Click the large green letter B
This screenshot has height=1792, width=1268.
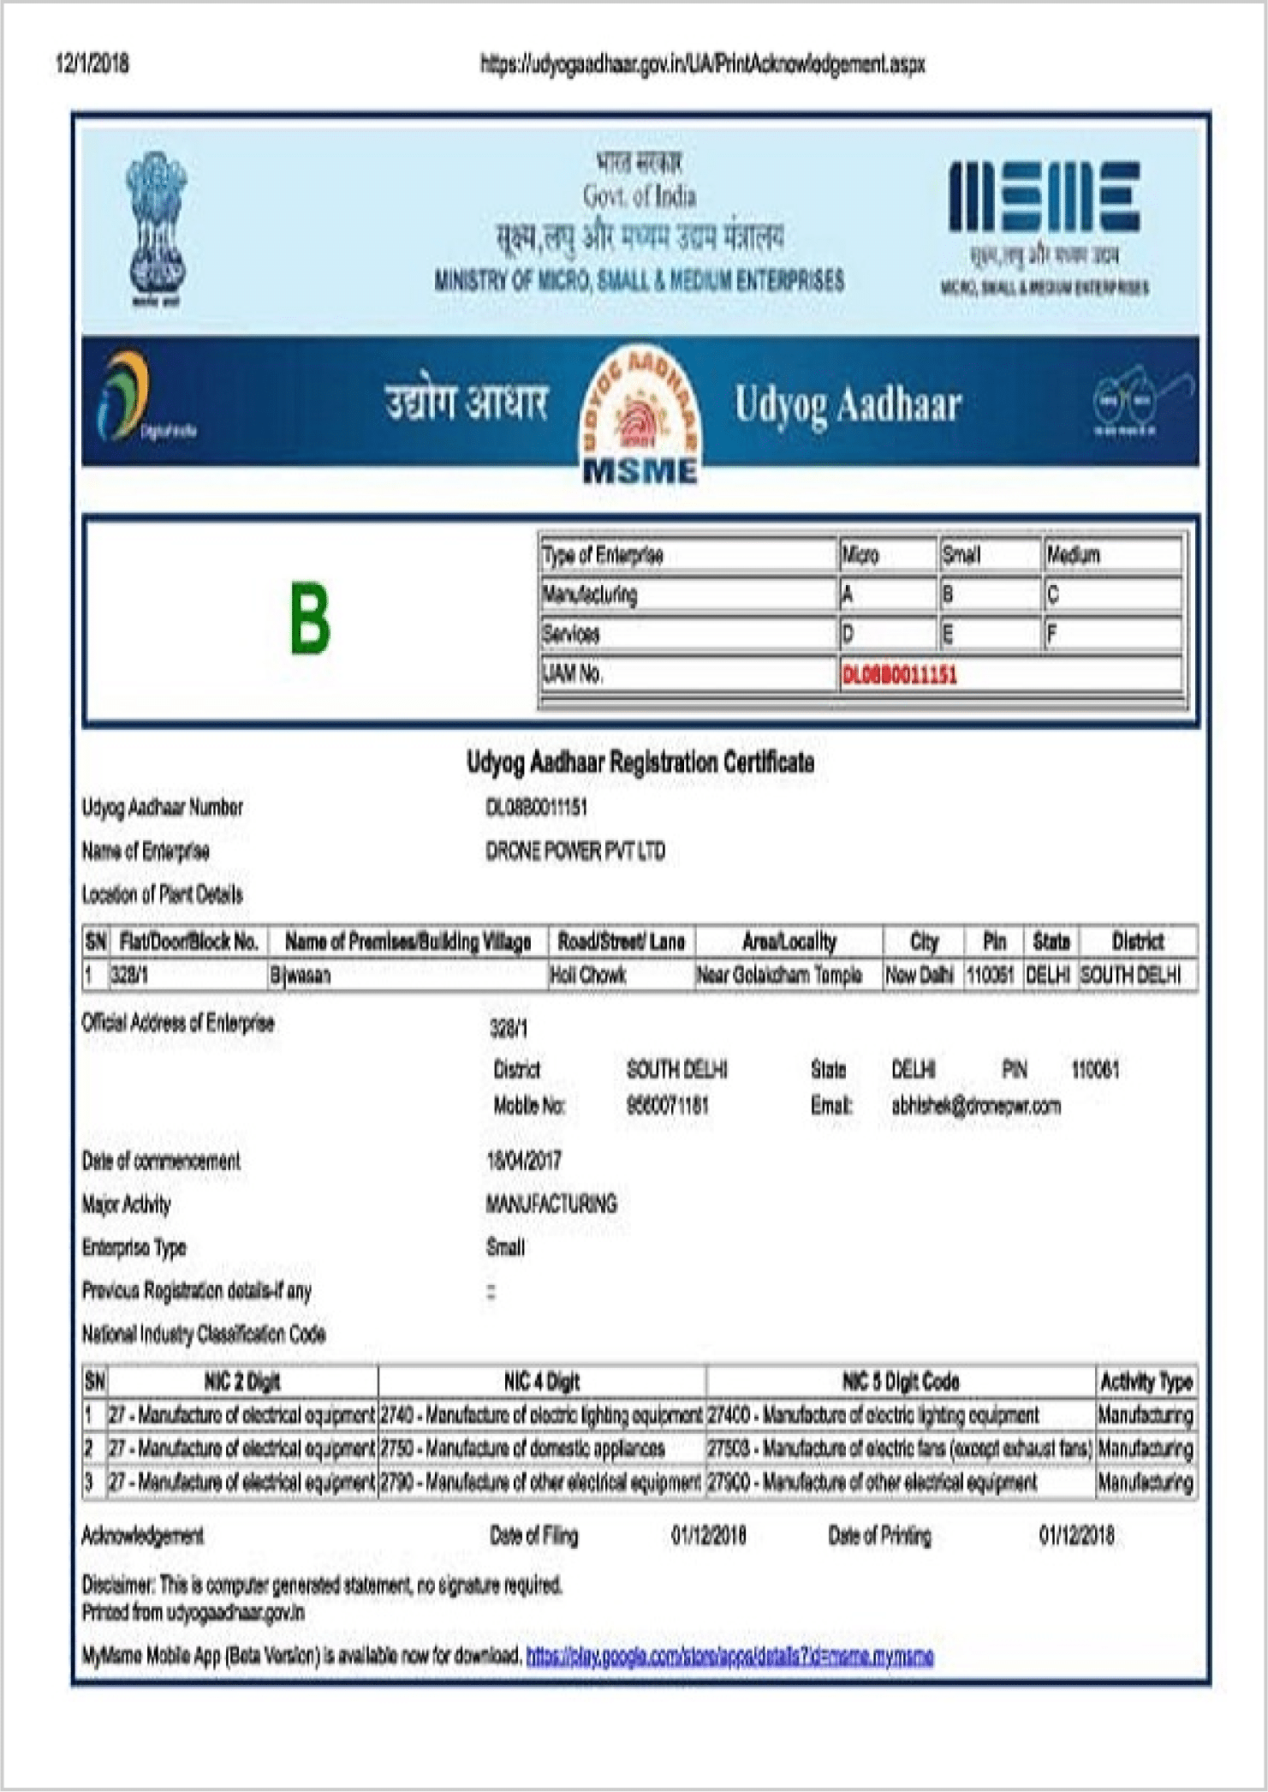tap(309, 618)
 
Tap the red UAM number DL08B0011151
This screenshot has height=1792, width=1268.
tap(900, 675)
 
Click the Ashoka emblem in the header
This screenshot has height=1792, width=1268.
tap(157, 229)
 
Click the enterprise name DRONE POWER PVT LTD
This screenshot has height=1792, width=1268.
tap(575, 851)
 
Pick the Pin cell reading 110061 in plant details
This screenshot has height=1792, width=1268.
tap(991, 975)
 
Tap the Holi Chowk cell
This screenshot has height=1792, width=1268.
tap(588, 975)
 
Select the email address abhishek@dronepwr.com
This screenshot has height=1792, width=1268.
tap(976, 1106)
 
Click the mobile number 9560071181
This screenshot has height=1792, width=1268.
tap(668, 1106)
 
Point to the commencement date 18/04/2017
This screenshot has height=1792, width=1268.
tap(524, 1162)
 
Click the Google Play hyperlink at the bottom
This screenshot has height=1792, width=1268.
tap(729, 1656)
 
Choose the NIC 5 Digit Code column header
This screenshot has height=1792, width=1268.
tap(901, 1382)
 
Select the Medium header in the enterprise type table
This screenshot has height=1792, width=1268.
tap(1074, 555)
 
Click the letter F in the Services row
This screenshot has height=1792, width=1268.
tap(1052, 635)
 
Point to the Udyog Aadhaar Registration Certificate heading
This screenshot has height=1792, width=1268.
tap(640, 762)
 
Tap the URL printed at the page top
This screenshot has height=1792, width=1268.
tap(702, 64)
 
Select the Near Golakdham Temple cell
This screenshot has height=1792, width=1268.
tap(780, 975)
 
